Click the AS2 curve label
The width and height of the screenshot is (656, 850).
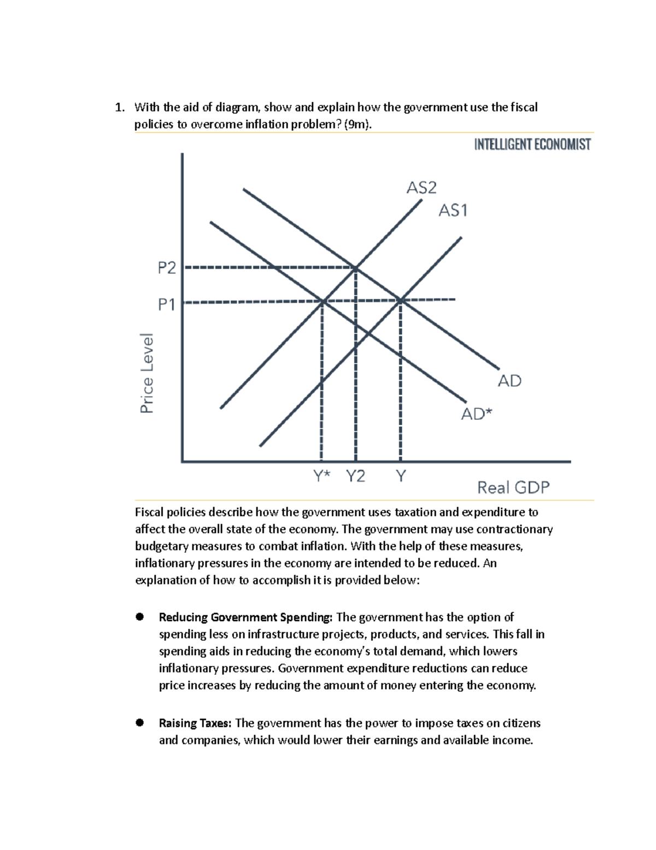click(421, 188)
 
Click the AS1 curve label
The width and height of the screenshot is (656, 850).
click(453, 210)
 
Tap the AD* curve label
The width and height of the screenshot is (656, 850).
click(476, 414)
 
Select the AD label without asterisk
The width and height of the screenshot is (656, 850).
click(509, 380)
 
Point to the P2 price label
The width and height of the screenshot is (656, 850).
click(167, 268)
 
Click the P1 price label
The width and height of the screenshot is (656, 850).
click(167, 304)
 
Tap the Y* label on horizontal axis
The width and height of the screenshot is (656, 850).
click(322, 476)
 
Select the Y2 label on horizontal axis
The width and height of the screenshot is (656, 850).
click(355, 476)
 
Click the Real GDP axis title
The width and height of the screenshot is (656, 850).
click(513, 487)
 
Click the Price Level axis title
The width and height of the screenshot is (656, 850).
click(147, 373)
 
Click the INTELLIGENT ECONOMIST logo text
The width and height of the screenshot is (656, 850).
click(532, 144)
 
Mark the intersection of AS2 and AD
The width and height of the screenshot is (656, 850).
click(356, 268)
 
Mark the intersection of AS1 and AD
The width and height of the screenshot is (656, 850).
click(401, 300)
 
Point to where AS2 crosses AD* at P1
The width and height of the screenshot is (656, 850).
click(323, 300)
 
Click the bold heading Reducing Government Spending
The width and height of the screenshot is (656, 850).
click(245, 617)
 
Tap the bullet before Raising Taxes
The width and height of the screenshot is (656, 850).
click(140, 722)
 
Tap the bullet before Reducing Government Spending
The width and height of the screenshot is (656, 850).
click(140, 617)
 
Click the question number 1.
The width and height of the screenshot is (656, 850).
click(119, 107)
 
